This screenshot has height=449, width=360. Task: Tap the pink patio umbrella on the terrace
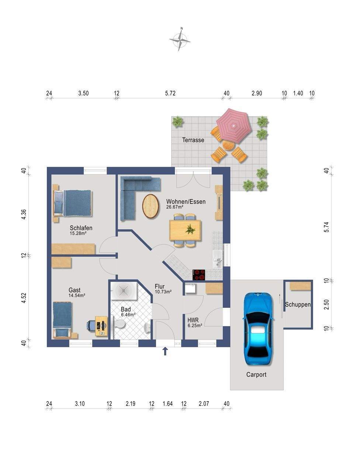pyautogui.click(x=233, y=125)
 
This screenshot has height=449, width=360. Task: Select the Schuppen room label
pyautogui.click(x=298, y=305)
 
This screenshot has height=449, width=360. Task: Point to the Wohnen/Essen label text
pyautogui.click(x=186, y=202)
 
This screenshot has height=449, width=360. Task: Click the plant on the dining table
pyautogui.click(x=190, y=229)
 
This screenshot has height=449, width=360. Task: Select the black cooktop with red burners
pyautogui.click(x=199, y=275)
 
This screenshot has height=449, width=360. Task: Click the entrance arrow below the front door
pyautogui.click(x=165, y=351)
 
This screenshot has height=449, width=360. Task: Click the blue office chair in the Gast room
pyautogui.click(x=91, y=326)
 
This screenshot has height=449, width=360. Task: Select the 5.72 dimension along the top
pyautogui.click(x=170, y=94)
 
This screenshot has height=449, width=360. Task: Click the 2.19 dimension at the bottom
pyautogui.click(x=130, y=404)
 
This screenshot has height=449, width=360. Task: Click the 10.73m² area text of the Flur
pyautogui.click(x=163, y=292)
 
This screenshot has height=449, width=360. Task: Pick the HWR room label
pyautogui.click(x=193, y=320)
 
